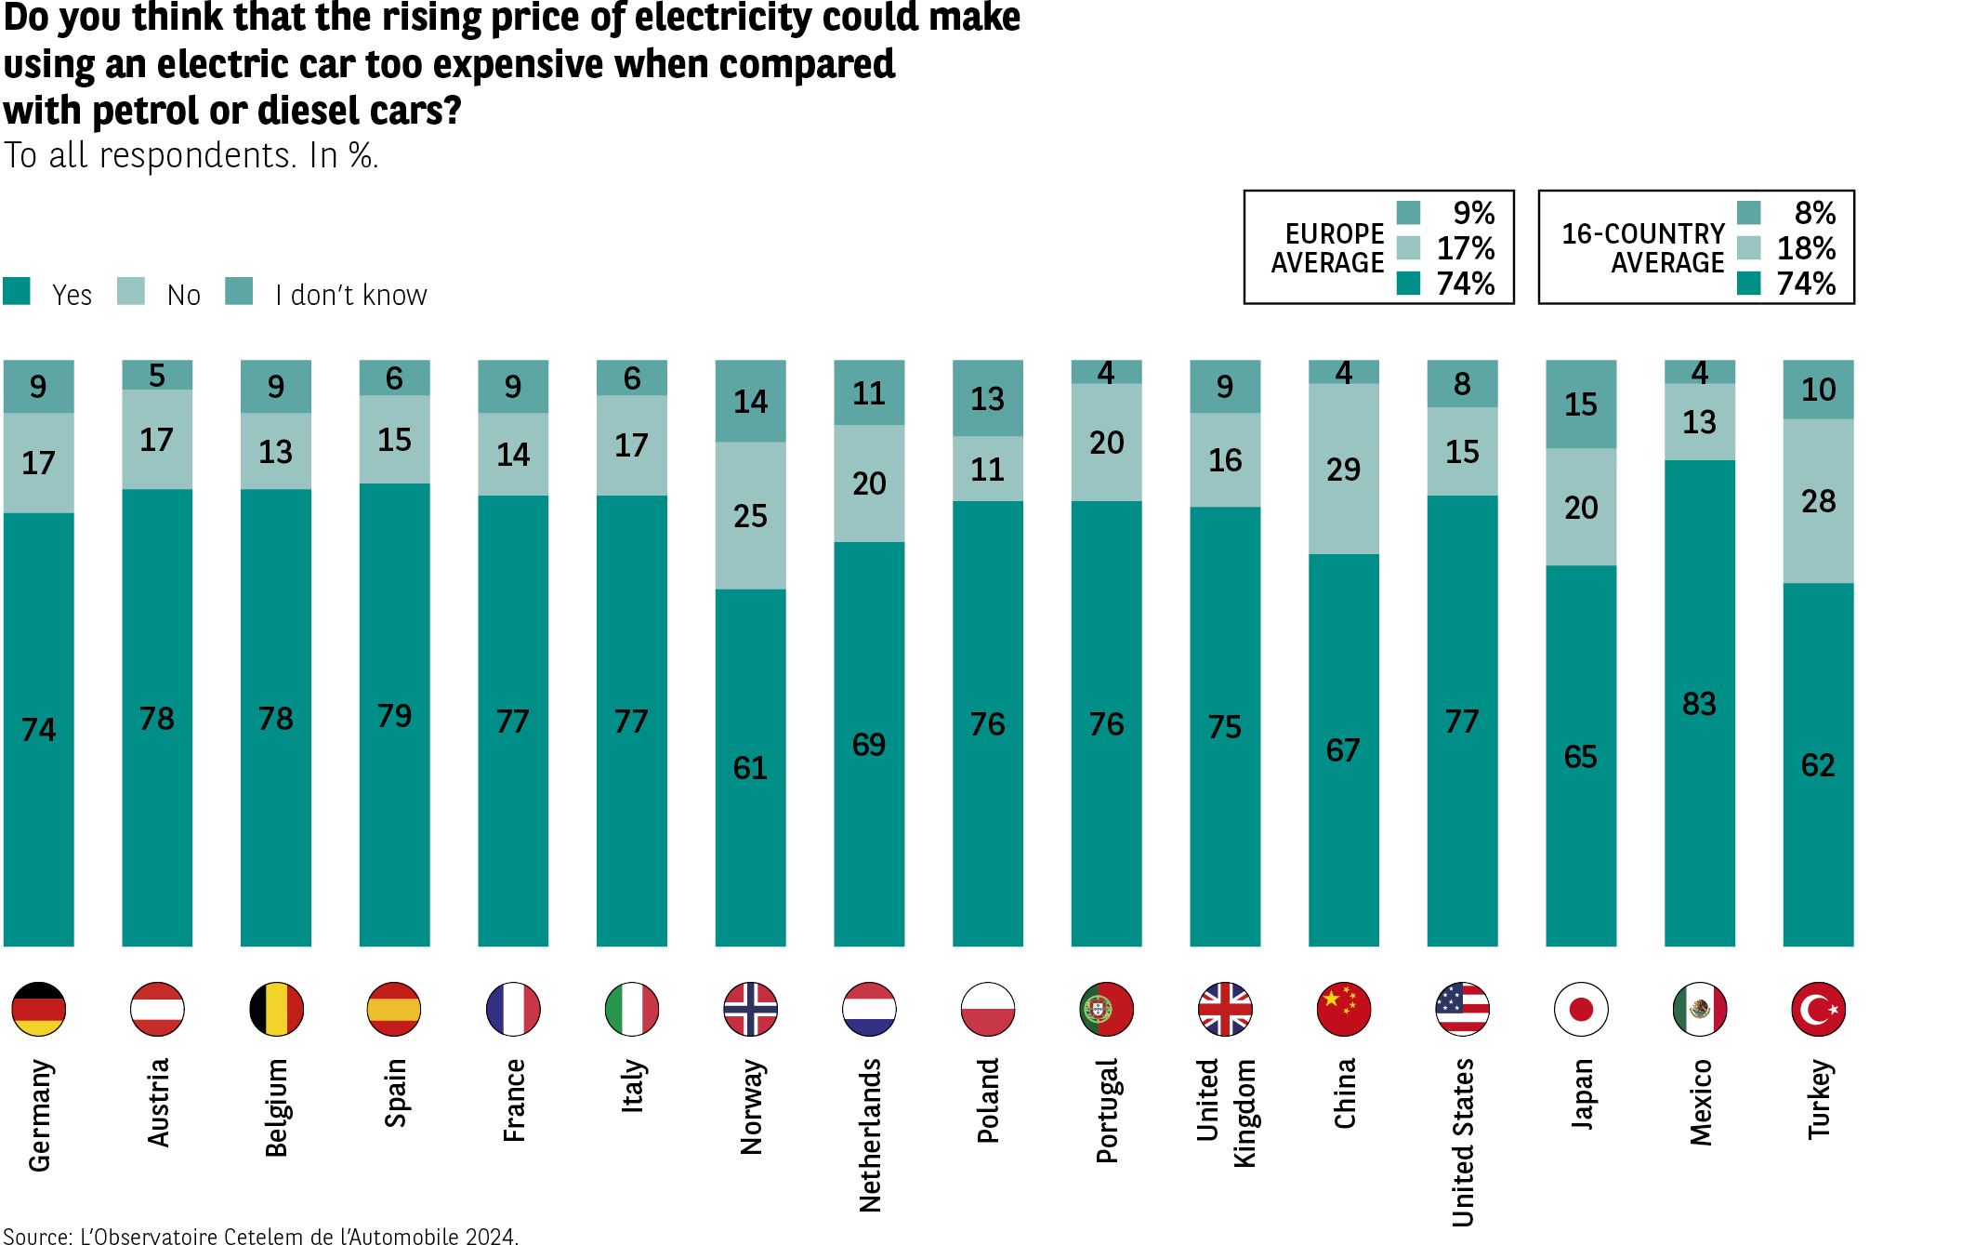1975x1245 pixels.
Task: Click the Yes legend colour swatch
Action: click(17, 291)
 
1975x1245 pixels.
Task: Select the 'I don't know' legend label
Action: click(350, 296)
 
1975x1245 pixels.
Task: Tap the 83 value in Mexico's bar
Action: click(1699, 704)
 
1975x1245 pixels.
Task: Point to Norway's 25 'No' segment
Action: click(750, 516)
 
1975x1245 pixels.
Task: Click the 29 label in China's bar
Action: click(1343, 470)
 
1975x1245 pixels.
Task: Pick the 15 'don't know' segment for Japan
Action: click(1580, 404)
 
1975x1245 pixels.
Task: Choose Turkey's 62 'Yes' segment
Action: click(1818, 765)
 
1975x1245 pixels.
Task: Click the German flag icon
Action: click(38, 1009)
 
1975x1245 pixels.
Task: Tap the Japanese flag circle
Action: click(1580, 1009)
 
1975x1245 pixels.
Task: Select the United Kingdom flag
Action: click(1225, 1009)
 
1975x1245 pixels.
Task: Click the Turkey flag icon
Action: click(1818, 1009)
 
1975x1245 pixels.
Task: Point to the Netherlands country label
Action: click(870, 1135)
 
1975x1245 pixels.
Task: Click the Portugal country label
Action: click(1107, 1110)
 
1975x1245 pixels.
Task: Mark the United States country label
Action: click(1463, 1143)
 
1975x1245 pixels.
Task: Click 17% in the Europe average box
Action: click(1466, 248)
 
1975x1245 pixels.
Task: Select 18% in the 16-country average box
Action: click(1806, 248)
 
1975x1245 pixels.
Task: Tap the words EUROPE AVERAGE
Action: click(1328, 248)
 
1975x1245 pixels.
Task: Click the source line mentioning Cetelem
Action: click(260, 1236)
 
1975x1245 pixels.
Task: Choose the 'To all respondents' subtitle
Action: click(191, 155)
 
